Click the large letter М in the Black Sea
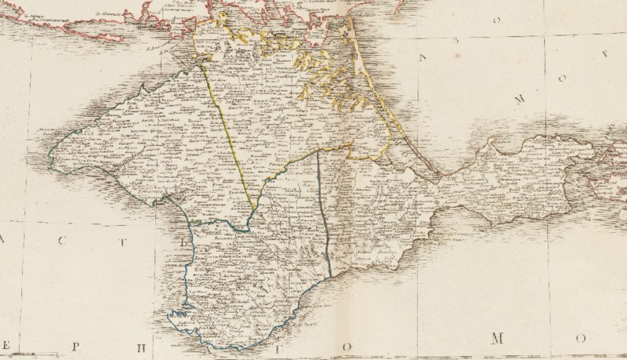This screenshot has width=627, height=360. tap(495, 339)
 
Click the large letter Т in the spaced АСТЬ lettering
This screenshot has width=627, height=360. tap(100, 242)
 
